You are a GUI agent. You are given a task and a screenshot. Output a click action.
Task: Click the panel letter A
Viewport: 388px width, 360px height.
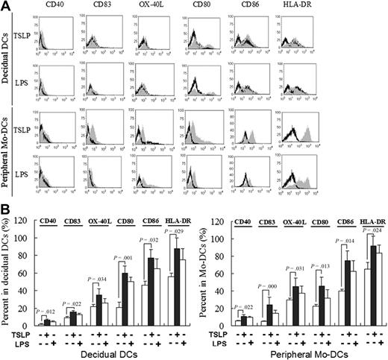point(7,6)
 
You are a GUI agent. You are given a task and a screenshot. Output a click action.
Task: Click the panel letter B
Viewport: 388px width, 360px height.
point(7,212)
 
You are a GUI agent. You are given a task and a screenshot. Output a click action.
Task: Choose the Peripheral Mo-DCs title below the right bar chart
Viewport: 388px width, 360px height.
point(306,353)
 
